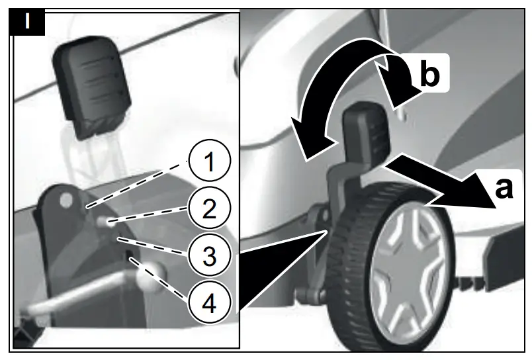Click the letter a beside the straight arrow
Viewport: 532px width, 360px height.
click(504, 188)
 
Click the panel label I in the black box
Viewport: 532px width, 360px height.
click(27, 21)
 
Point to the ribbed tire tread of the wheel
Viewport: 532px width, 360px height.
click(344, 265)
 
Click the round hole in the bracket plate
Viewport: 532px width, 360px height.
click(65, 199)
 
